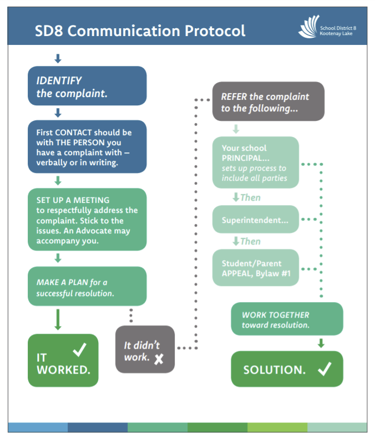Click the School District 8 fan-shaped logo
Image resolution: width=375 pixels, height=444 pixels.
tap(308, 27)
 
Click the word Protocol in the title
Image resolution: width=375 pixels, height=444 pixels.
tap(215, 30)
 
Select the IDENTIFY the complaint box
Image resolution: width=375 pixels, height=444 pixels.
tap(87, 86)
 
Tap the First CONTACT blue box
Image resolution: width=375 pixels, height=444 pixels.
tap(87, 147)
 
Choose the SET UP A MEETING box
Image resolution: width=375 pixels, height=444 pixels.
tap(87, 220)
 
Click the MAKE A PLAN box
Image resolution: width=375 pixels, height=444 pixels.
tap(87, 286)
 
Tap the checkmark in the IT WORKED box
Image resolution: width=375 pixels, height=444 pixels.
tap(80, 350)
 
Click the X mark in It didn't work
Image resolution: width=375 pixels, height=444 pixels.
tap(159, 359)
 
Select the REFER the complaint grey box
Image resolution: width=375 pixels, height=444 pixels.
tap(268, 101)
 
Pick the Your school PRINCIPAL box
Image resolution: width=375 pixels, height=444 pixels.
tap(256, 162)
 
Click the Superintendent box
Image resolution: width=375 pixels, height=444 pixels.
tap(256, 220)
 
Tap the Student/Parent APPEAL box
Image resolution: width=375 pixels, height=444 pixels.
tap(256, 268)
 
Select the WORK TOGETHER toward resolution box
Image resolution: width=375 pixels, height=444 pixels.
tap(287, 319)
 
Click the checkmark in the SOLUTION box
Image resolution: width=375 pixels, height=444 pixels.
tap(325, 369)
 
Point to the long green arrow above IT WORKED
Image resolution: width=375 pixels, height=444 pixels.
tap(58, 319)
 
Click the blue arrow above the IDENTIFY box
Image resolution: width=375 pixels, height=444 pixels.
tap(58, 58)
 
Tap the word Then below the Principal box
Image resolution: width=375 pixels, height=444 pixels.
tap(250, 198)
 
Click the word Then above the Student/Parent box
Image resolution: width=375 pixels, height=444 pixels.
tap(250, 242)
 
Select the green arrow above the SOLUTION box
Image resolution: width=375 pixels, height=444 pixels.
tap(321, 343)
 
